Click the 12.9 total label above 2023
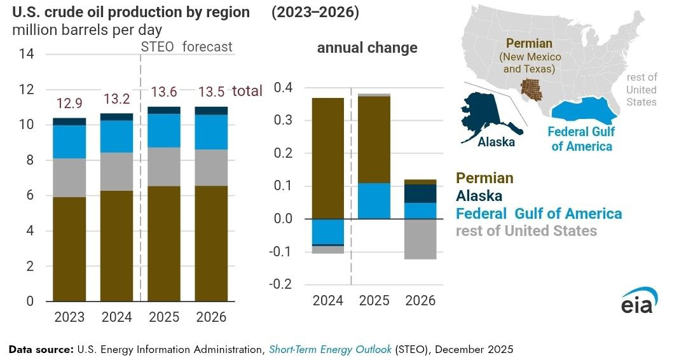point(69,102)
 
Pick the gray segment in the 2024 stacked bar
point(116,172)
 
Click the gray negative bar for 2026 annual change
point(420,239)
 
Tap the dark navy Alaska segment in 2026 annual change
point(420,193)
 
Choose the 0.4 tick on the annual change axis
point(282,88)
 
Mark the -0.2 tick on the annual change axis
point(280,284)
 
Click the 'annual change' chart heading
point(367,48)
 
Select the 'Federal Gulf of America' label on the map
point(580,139)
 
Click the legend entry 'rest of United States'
point(526,230)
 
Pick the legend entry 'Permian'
point(484,179)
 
